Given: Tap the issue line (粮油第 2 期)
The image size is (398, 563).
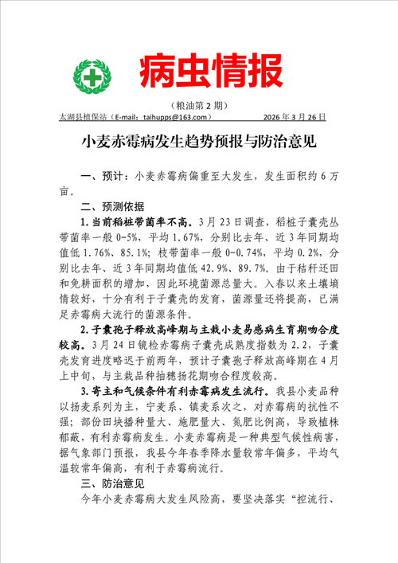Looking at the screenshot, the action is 198,105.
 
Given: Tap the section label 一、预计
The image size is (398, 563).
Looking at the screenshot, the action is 102,176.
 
